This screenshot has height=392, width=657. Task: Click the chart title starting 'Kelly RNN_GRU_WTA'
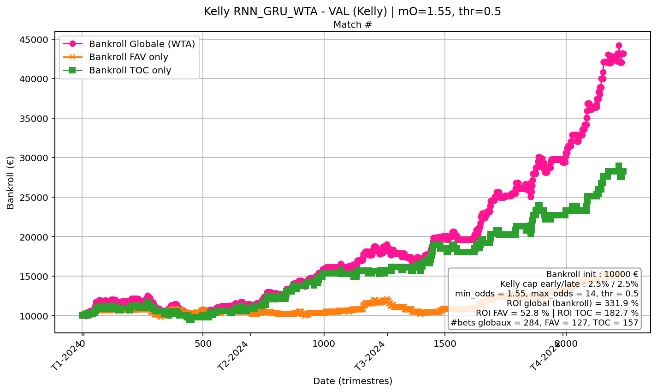pos(352,12)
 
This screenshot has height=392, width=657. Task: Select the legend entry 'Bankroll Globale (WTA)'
pos(142,44)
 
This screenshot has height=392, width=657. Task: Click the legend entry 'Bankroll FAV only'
pos(128,57)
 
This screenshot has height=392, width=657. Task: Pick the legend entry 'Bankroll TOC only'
pos(130,71)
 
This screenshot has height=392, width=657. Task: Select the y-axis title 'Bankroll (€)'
pos(11,182)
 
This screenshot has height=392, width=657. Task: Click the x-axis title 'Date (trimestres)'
pos(352,381)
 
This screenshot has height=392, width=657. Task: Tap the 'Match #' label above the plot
pos(352,25)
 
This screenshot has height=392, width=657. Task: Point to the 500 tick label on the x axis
pos(203,344)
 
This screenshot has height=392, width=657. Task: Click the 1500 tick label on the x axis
pos(445,344)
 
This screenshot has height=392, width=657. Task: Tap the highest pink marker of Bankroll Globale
pos(619,46)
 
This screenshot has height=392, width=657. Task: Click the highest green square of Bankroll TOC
pos(619,166)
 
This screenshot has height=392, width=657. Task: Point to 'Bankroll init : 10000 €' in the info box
pos(592,274)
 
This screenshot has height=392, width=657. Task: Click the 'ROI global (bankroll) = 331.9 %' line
pos(572,303)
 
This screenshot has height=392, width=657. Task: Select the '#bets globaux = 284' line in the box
pos(544,323)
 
